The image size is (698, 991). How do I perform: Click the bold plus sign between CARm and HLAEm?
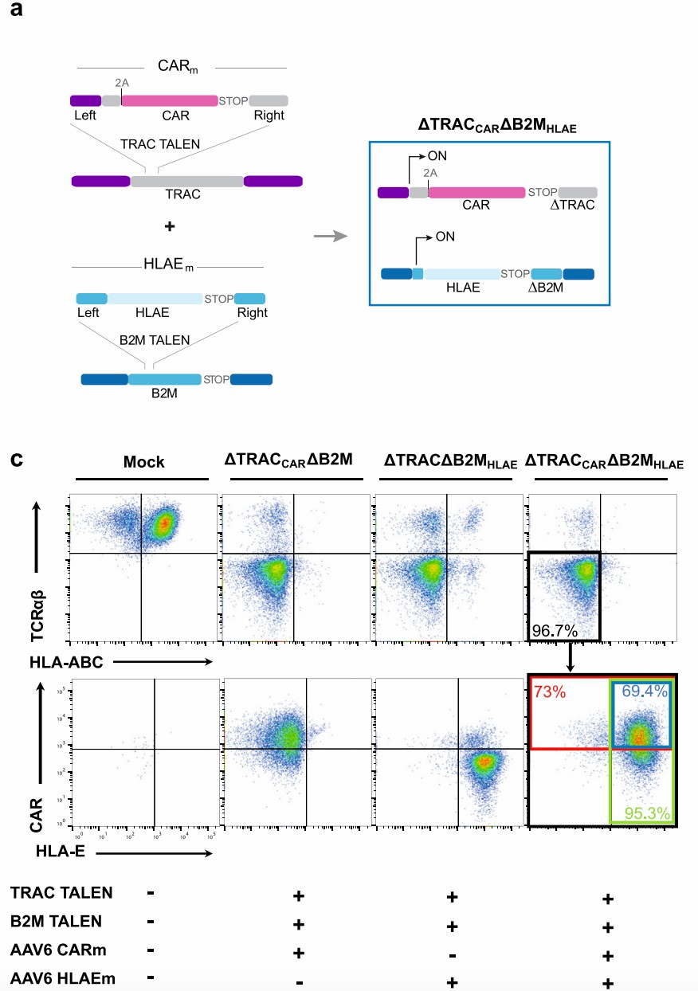pyautogui.click(x=169, y=226)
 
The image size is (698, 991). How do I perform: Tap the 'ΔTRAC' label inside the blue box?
pyautogui.click(x=578, y=206)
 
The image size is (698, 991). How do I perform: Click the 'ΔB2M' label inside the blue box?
pyautogui.click(x=546, y=288)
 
